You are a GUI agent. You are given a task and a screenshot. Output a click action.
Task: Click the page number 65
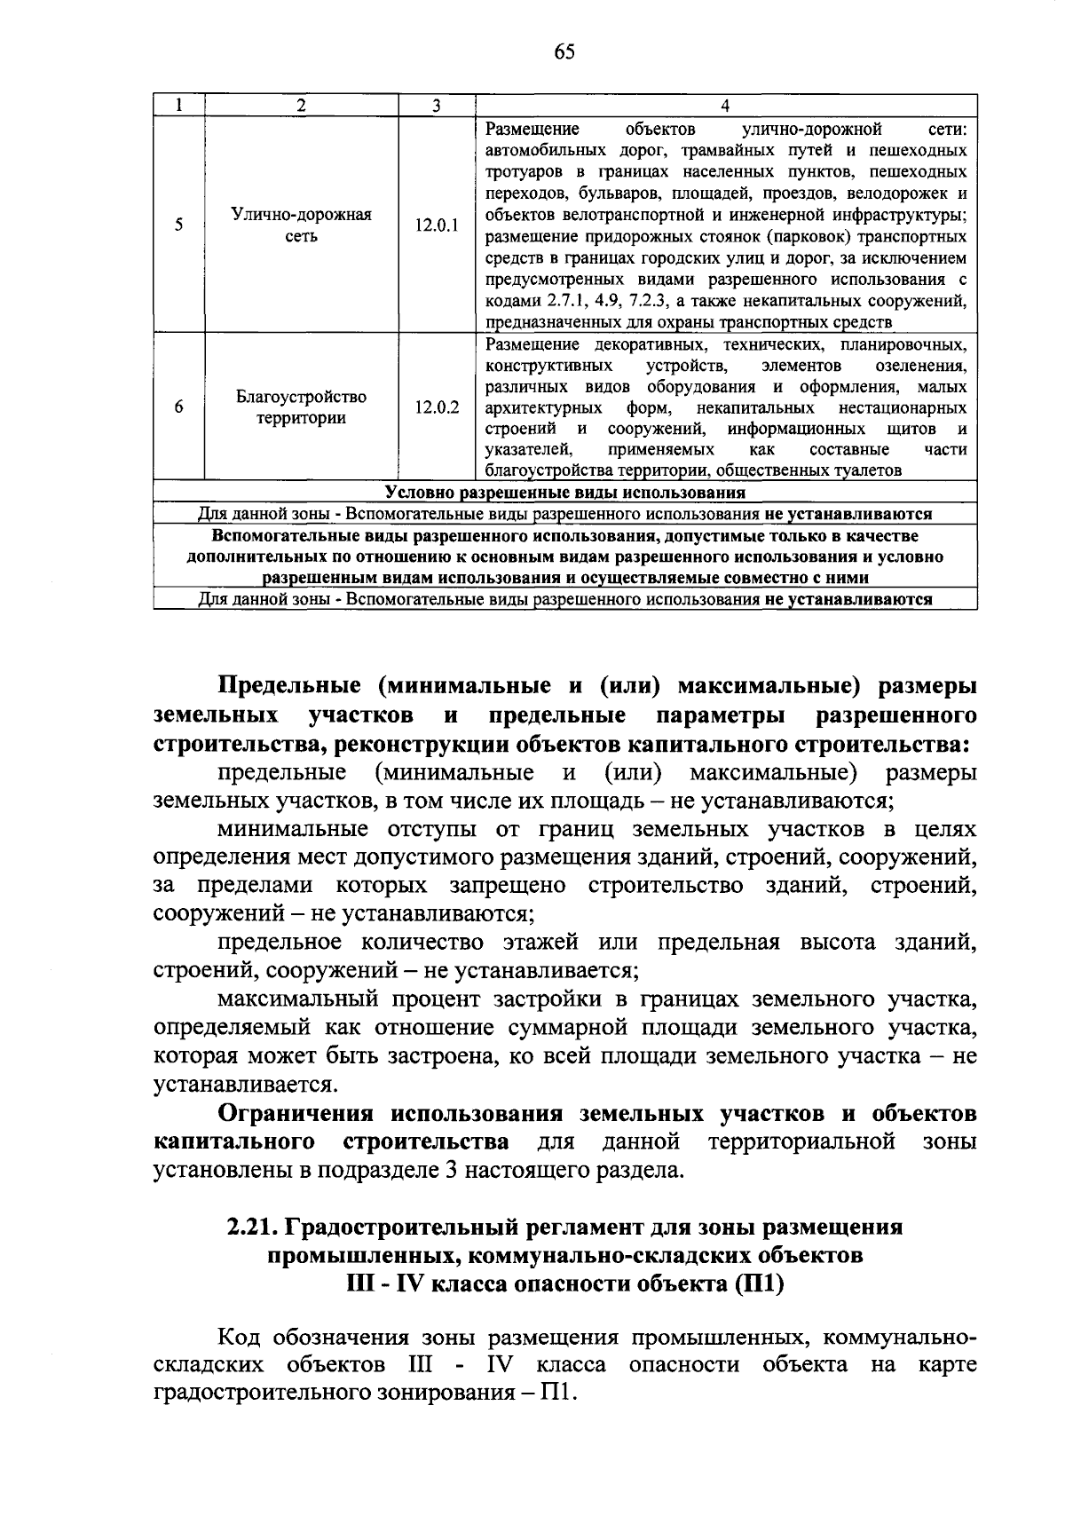(564, 52)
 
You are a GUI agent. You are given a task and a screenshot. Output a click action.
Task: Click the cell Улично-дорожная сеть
(301, 225)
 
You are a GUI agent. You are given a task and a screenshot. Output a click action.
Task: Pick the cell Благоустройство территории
(301, 407)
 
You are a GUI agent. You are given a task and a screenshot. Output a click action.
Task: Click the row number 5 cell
(179, 225)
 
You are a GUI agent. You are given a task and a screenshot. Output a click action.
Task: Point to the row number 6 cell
(179, 407)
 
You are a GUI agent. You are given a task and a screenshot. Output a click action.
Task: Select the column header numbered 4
(725, 105)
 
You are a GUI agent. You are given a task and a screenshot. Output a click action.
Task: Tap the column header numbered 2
(301, 105)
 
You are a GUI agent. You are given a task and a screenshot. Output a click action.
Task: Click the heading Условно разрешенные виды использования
(565, 493)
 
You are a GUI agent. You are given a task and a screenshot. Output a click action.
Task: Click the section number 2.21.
(251, 1228)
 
